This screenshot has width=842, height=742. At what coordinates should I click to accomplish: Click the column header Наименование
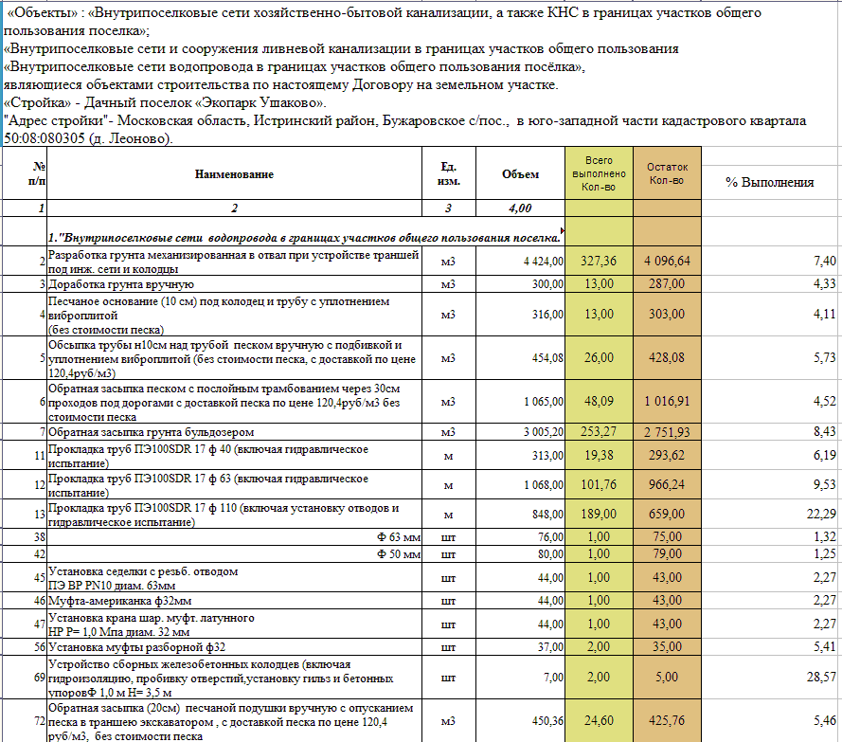tap(234, 174)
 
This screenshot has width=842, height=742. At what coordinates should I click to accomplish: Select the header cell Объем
tap(520, 174)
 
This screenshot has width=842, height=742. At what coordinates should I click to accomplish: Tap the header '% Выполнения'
tap(769, 182)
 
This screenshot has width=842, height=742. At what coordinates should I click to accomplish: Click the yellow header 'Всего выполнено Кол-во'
tap(599, 174)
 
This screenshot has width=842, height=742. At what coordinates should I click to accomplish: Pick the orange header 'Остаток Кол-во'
tap(667, 174)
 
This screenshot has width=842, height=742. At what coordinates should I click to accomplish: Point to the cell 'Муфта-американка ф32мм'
tap(109, 600)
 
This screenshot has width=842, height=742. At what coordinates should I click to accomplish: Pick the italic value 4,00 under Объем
tap(520, 208)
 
